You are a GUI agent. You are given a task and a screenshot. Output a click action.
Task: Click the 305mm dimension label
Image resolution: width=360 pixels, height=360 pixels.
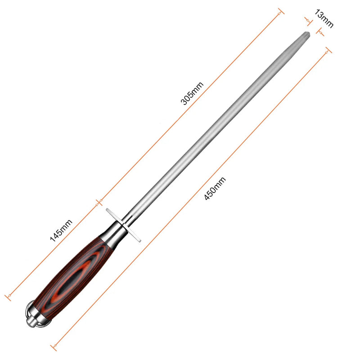tap(192, 93)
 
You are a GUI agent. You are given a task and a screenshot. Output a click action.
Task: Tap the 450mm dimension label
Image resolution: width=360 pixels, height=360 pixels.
tap(215, 188)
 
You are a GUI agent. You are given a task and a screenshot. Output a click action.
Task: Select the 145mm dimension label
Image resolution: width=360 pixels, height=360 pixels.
tap(61, 230)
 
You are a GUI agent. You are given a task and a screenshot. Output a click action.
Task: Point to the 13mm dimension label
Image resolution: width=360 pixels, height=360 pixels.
tap(323, 18)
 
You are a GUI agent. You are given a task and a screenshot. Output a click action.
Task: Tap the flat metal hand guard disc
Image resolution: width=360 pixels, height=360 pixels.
tap(123, 225)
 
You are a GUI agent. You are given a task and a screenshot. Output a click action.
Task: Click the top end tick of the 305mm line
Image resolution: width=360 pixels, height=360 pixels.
tap(281, 11)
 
